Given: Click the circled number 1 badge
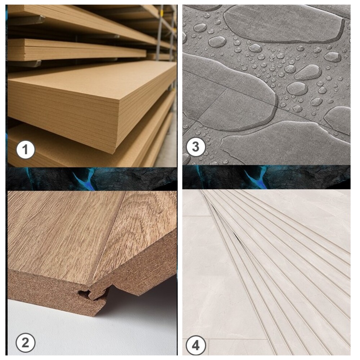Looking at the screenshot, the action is click(x=26, y=150).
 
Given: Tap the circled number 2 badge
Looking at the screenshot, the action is click(x=26, y=343).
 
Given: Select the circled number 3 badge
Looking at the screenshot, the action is click(x=195, y=147).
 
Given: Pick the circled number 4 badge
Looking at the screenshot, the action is click(x=195, y=345).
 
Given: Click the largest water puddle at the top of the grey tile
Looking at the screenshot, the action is click(x=284, y=24).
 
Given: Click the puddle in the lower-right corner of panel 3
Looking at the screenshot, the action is click(x=338, y=120).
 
